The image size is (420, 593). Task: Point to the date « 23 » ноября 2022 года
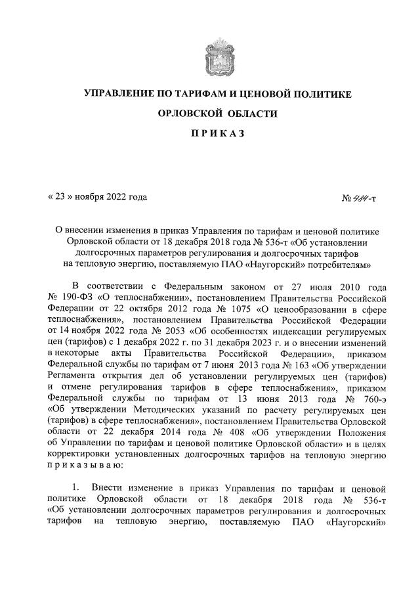[97, 196]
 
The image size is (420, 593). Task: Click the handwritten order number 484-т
[361, 197]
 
